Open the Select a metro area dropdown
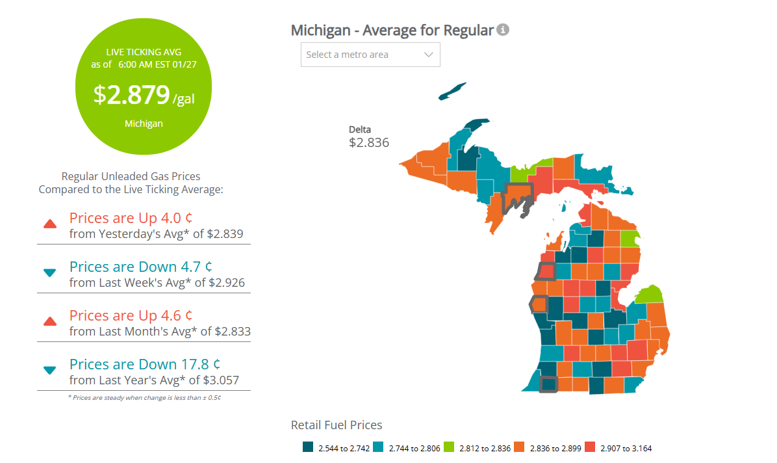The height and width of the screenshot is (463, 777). click(370, 55)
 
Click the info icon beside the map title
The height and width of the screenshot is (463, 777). click(503, 30)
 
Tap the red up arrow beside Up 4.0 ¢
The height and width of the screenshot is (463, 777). click(49, 224)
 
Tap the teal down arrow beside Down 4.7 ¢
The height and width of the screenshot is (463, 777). click(49, 273)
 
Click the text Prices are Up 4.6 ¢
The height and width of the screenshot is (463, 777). click(131, 315)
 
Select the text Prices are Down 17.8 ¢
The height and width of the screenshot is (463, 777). click(140, 364)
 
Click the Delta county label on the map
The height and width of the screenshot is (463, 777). click(360, 129)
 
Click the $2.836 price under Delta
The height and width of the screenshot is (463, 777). click(368, 142)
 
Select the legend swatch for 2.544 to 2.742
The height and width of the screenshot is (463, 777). click(309, 447)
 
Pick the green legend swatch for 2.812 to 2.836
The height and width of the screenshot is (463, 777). click(450, 447)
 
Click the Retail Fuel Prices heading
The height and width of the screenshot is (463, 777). click(337, 425)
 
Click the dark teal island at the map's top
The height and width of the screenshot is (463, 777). click(452, 91)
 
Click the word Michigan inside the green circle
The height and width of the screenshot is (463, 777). click(144, 124)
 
